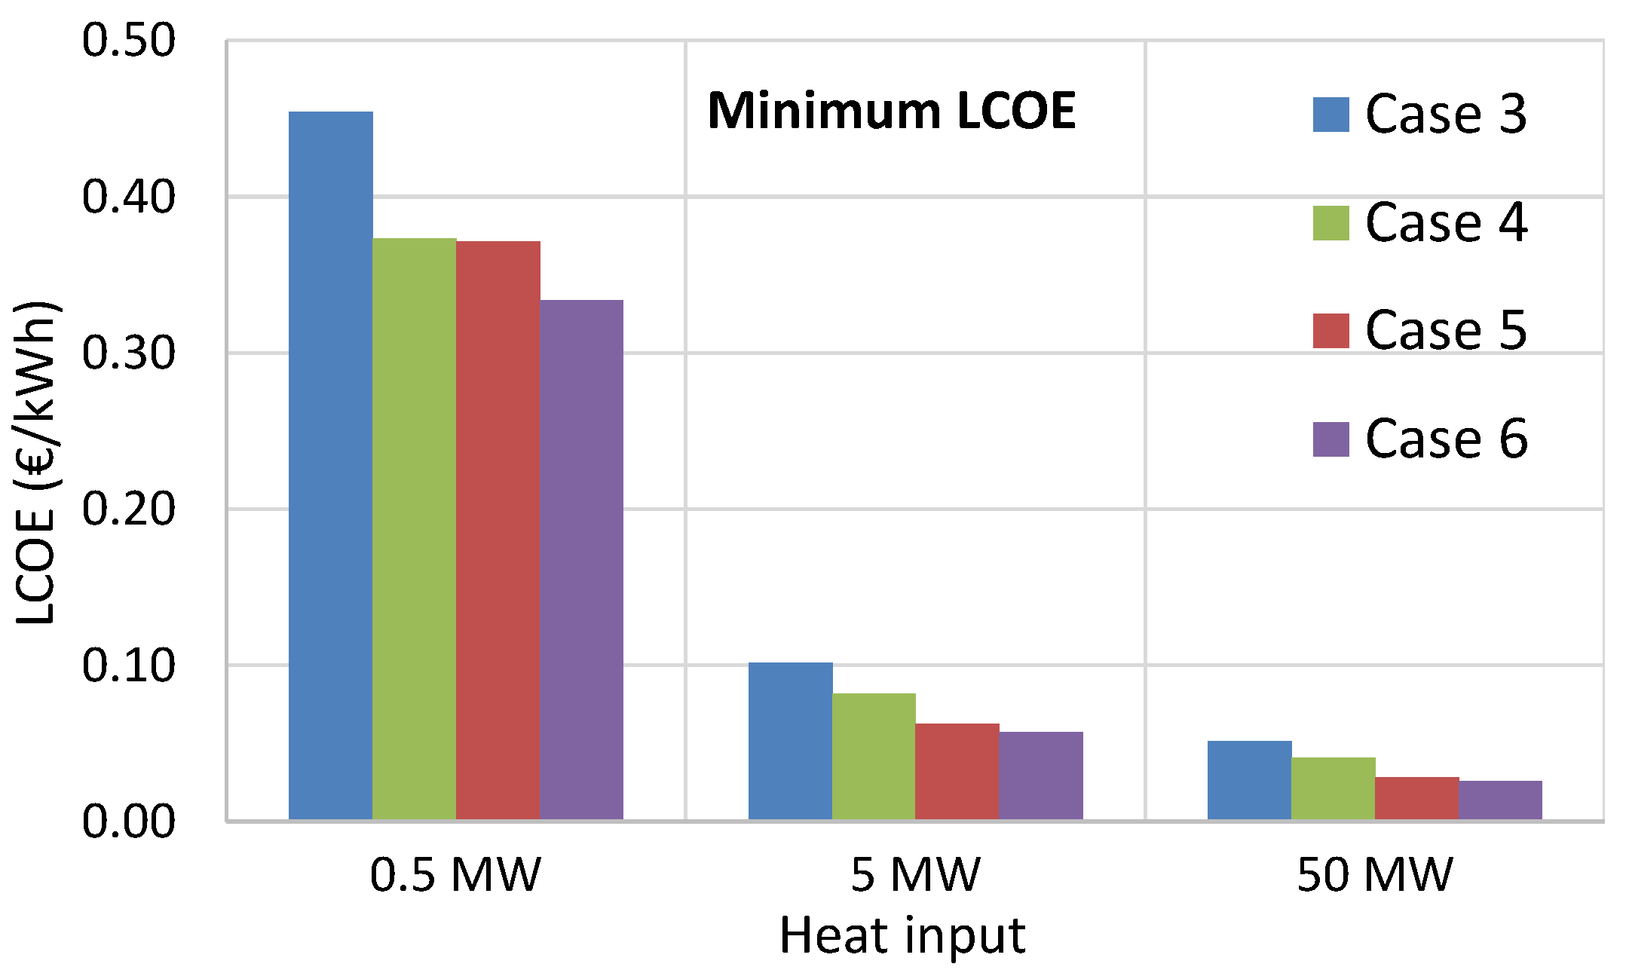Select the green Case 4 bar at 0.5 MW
tap(414, 528)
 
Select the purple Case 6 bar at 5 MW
tap(1041, 776)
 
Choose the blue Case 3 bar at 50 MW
tap(1249, 780)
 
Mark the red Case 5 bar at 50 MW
tap(1416, 798)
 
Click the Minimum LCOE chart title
tap(891, 112)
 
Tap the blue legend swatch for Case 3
tap(1331, 115)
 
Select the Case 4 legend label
tap(1446, 222)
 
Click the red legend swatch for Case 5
tap(1331, 331)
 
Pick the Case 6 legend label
tap(1446, 439)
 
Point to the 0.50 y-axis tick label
tap(128, 40)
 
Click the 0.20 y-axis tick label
tap(128, 509)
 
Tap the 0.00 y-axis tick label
tap(128, 821)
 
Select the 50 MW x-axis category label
tap(1374, 875)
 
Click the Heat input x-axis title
tap(902, 935)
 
